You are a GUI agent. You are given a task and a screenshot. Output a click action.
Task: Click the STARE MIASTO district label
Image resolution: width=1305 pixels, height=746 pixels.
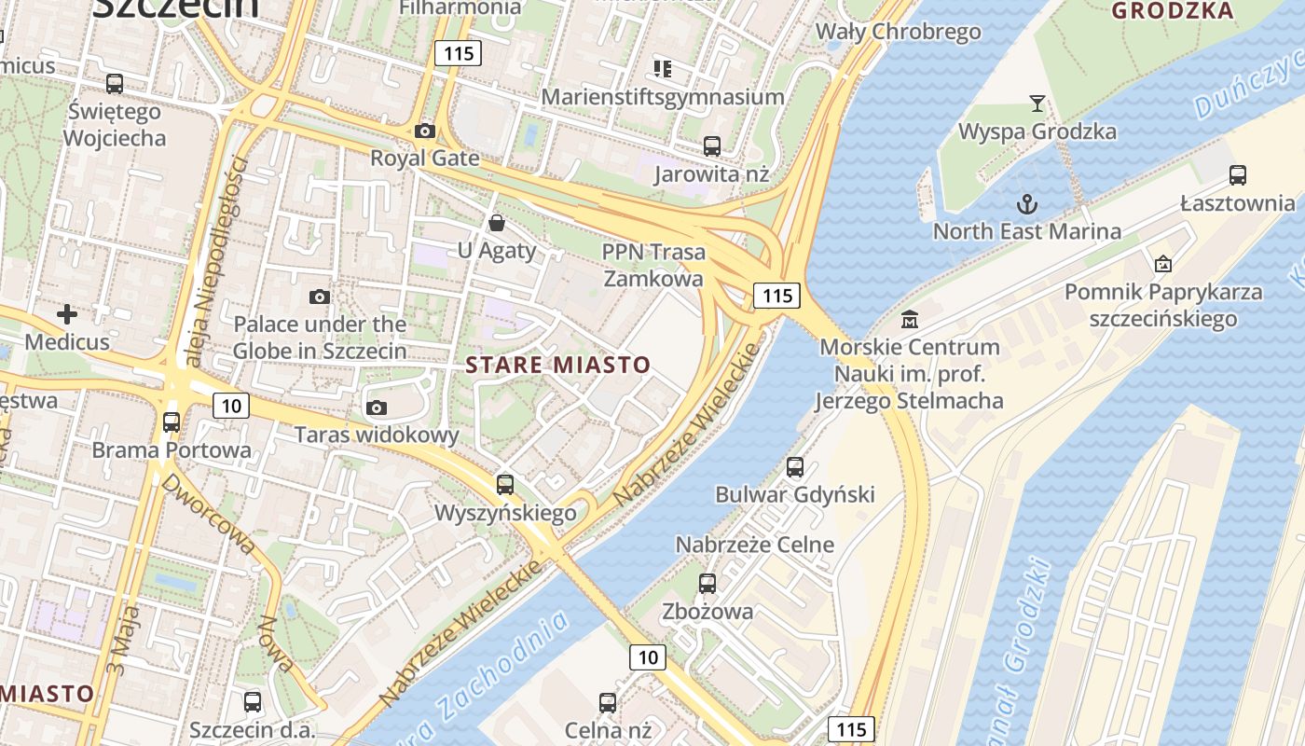(557, 365)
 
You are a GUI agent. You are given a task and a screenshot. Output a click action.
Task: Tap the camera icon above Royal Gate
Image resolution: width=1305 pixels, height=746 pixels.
(425, 131)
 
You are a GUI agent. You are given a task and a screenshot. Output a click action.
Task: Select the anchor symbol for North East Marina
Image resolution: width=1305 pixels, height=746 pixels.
(1026, 203)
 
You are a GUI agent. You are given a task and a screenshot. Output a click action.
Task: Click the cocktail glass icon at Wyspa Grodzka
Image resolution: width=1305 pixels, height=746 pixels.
(1037, 103)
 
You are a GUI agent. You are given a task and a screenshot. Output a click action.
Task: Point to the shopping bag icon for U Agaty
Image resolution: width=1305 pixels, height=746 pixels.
(497, 223)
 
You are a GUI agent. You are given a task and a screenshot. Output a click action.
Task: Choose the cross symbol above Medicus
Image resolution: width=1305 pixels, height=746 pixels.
(67, 314)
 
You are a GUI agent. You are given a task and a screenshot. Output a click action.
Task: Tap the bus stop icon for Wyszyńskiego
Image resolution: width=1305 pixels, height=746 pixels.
(505, 485)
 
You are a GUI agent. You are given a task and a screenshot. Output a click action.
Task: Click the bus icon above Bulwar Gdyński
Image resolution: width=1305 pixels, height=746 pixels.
(795, 466)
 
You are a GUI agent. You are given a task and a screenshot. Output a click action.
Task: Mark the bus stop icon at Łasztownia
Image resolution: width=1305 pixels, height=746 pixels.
(1238, 174)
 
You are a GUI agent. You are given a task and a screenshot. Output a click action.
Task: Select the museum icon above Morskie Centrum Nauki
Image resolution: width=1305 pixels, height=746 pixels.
(910, 320)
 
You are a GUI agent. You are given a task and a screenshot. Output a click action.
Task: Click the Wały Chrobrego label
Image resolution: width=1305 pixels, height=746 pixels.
(899, 32)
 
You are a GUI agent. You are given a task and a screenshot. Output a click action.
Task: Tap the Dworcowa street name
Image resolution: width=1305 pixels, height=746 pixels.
(207, 514)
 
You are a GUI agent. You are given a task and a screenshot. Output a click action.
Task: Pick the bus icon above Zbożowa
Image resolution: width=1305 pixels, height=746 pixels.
(707, 584)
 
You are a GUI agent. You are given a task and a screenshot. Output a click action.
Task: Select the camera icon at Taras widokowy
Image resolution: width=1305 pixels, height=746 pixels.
(377, 408)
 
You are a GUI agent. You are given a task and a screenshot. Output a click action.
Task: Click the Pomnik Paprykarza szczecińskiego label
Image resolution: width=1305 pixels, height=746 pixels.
(1163, 305)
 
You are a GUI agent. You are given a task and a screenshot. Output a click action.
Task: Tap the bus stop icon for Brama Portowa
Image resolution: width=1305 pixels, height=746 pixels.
(172, 421)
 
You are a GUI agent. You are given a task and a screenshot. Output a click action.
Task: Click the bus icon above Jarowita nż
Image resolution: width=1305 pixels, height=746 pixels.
(711, 145)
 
